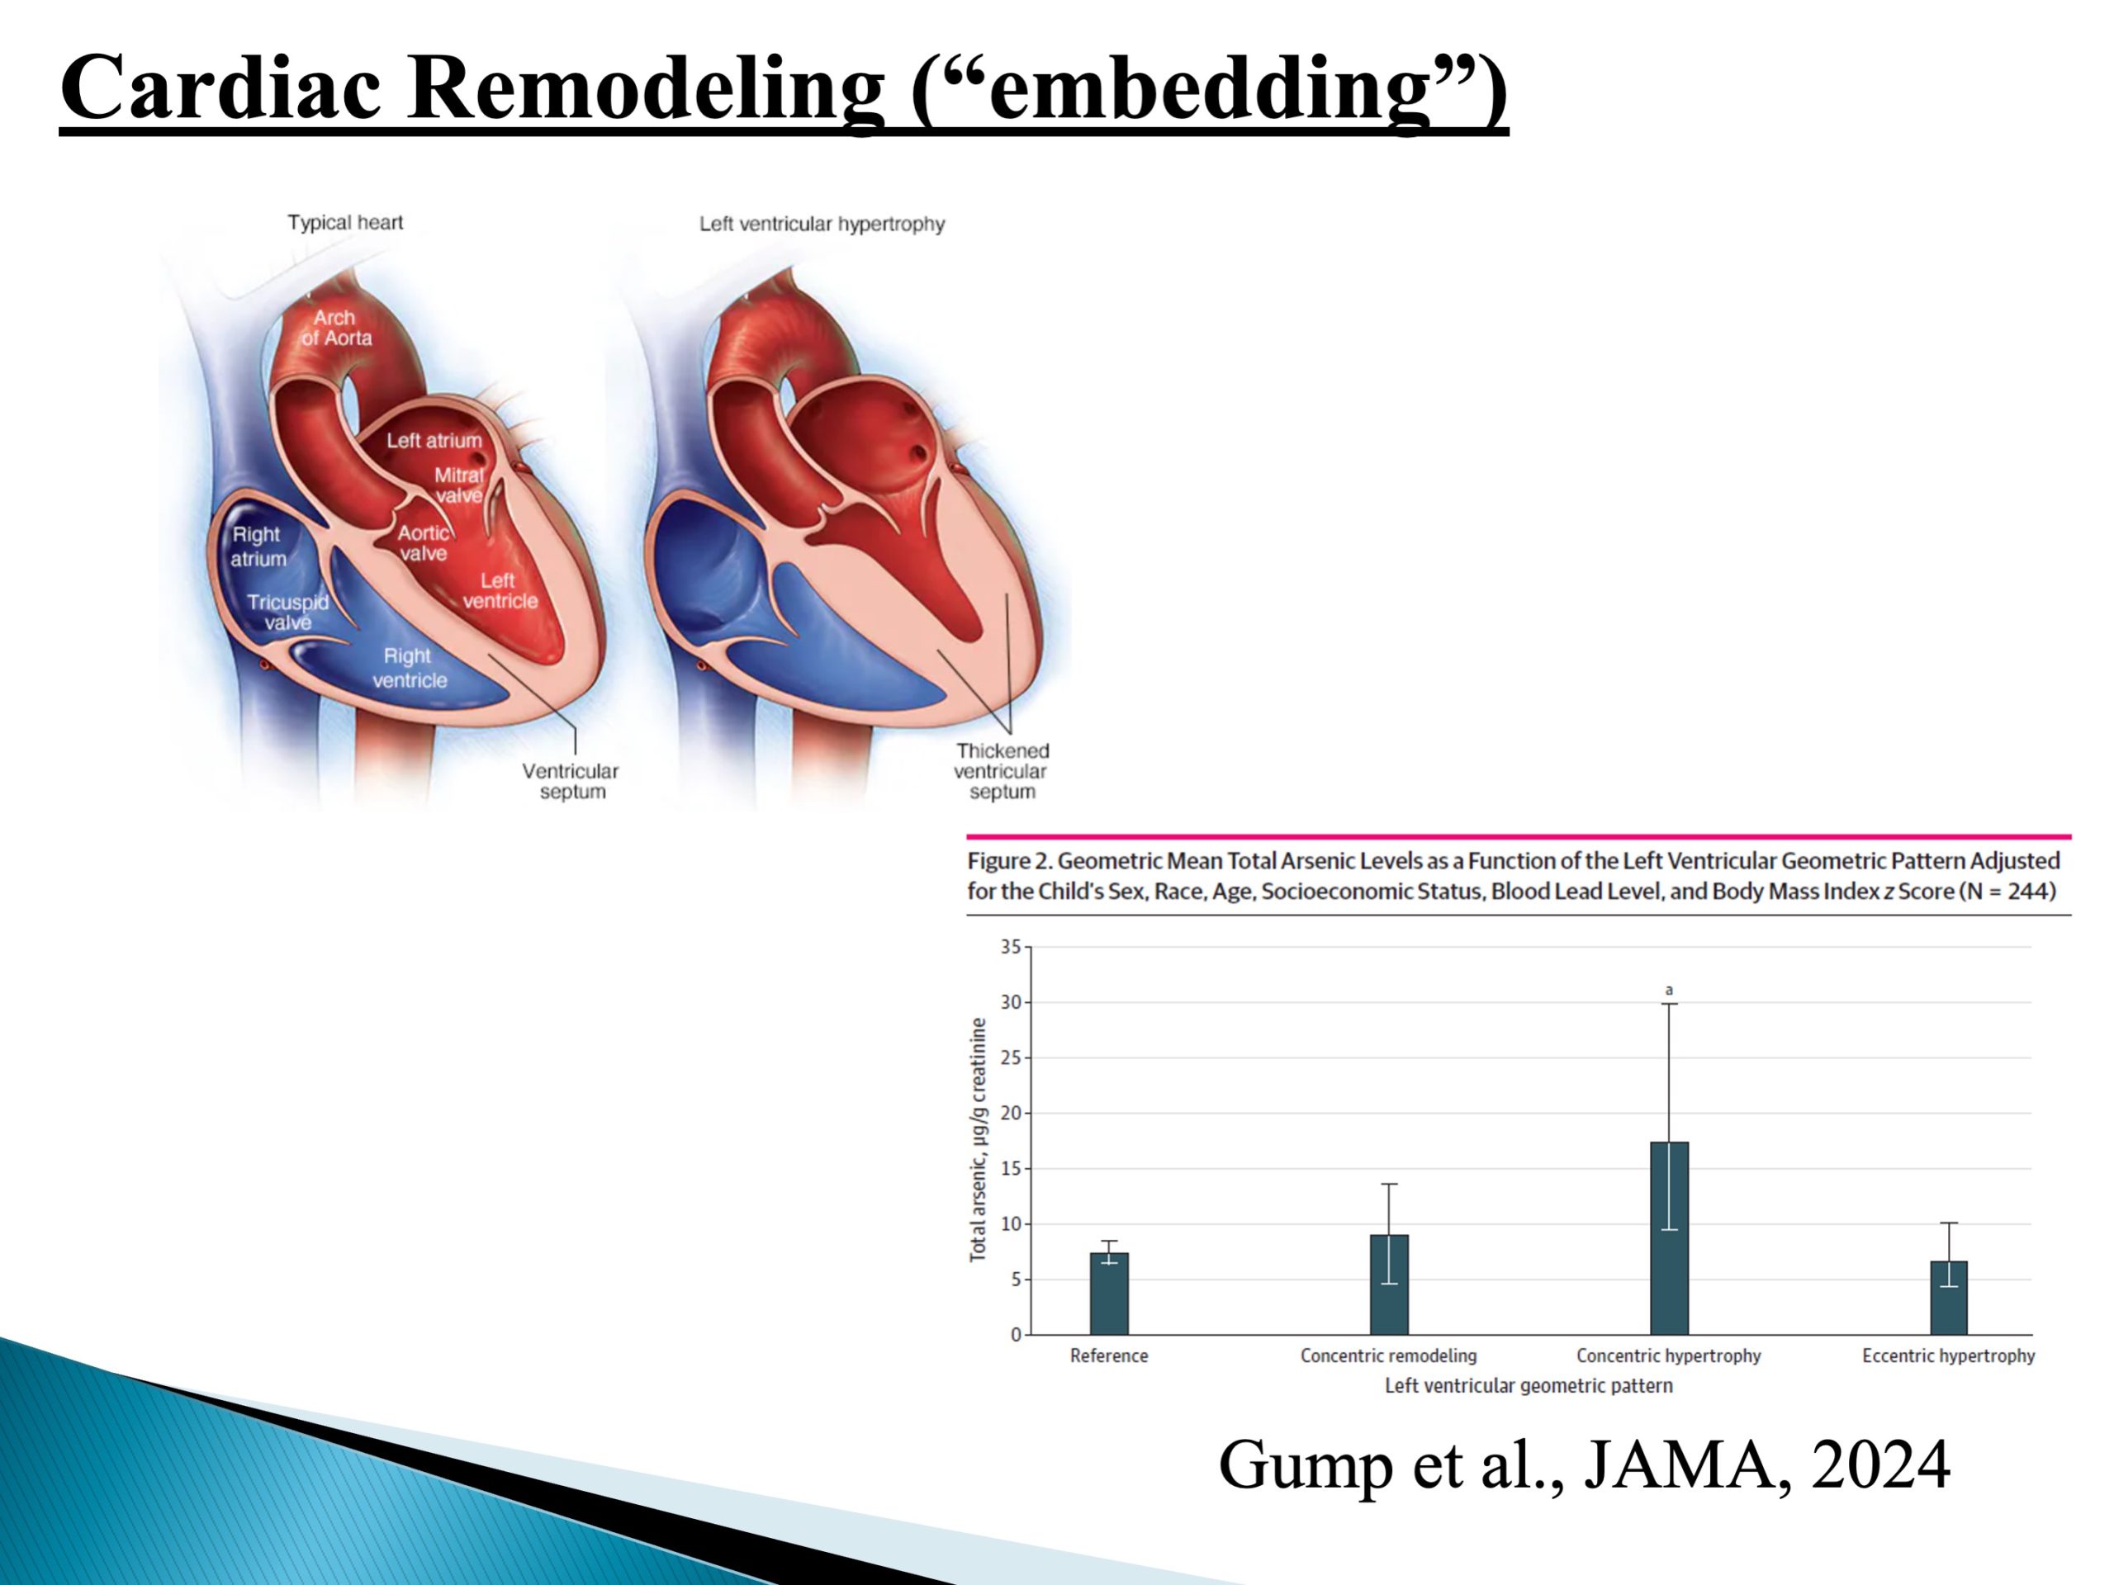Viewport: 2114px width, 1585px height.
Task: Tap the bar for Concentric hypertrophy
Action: point(1669,1237)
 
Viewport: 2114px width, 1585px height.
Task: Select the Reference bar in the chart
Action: point(1108,1294)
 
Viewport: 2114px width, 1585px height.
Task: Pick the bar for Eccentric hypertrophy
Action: point(1949,1298)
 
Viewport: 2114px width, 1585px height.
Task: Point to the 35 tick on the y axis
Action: point(1011,947)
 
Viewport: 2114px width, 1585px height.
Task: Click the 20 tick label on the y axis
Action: point(1011,1113)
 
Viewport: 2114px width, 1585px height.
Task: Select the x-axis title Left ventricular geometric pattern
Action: point(1529,1385)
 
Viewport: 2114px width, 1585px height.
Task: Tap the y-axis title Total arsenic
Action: point(978,1140)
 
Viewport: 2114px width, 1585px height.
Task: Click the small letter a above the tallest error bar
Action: point(1669,990)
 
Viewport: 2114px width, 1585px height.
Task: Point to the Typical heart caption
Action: point(345,223)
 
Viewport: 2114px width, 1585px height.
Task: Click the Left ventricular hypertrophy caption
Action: point(822,224)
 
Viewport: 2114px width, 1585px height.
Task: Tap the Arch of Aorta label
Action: point(336,328)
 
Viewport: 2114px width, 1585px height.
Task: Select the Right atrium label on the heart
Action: point(257,546)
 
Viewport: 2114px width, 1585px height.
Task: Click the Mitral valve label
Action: point(459,485)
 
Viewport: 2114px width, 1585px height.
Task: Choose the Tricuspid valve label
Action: point(287,613)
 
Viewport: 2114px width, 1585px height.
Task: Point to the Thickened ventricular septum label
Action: point(1002,771)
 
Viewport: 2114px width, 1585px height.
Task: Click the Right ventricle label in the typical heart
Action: point(409,668)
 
